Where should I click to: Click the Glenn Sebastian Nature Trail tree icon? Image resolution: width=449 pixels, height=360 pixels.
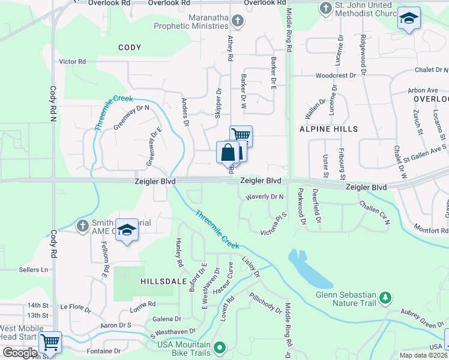click(x=386, y=298)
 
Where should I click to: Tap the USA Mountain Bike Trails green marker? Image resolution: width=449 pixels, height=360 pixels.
click(x=220, y=347)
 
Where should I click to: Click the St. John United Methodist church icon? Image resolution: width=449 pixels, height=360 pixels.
click(x=325, y=8)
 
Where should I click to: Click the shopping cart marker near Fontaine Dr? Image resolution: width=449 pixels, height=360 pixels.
click(x=50, y=343)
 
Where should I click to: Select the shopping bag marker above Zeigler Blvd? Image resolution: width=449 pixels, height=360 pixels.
click(x=228, y=152)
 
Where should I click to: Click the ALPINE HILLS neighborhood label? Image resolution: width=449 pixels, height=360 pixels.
click(x=328, y=129)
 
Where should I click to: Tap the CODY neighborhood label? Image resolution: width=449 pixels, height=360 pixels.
click(x=130, y=47)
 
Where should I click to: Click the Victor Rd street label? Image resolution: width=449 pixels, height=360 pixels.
click(x=73, y=61)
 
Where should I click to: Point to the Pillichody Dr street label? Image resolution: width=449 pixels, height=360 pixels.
click(x=265, y=304)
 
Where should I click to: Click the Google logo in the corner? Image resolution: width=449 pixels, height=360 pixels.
click(x=20, y=352)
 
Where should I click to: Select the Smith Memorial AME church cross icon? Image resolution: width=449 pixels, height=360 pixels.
click(x=83, y=226)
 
